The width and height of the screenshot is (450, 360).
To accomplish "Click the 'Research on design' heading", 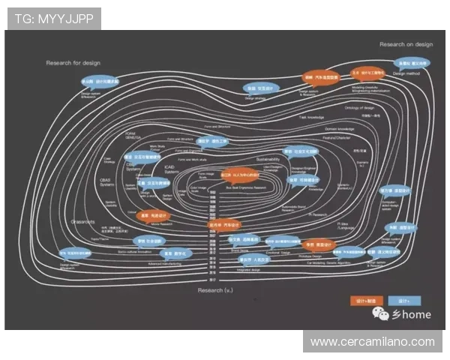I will coord(406,45).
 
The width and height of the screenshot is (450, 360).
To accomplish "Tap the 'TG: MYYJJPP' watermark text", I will coord(54,19).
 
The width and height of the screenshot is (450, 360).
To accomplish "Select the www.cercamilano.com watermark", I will coord(373,342).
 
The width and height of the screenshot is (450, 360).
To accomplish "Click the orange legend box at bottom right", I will coord(366,300).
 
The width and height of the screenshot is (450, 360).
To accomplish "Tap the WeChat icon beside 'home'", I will coord(382,315).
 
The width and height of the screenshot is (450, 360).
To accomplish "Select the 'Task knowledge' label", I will coord(311,118).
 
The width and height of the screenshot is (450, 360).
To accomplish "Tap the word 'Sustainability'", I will coord(267,160).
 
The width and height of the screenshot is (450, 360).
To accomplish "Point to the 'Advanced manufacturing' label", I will coord(168,265).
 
